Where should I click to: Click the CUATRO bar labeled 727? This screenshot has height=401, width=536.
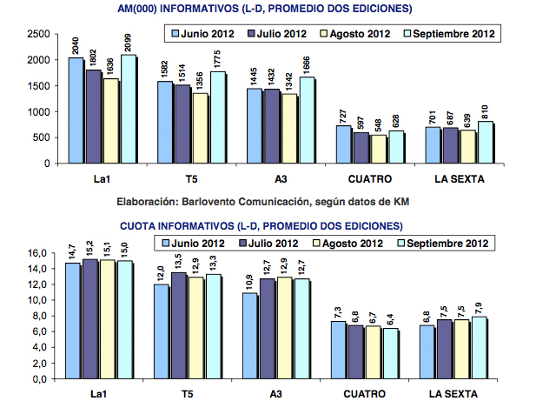tap(343, 144)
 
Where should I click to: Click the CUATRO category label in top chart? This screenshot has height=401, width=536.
tap(367, 180)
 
